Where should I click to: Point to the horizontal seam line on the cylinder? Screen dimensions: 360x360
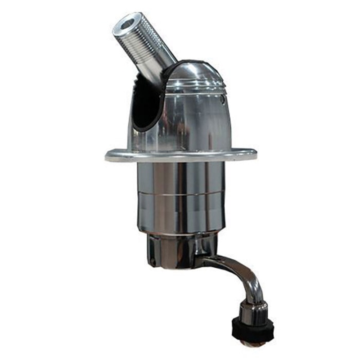click(x=180, y=194)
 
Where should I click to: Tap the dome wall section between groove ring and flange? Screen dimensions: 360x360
click(x=198, y=121)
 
